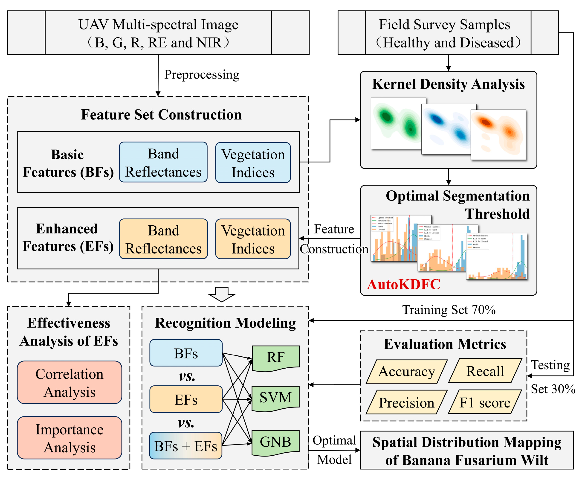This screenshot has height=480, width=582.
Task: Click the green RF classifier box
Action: point(275,357)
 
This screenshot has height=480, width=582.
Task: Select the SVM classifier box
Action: point(275,398)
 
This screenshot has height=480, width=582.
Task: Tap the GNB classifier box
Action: point(275,442)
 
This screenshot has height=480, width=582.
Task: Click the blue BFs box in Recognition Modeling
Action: point(186,353)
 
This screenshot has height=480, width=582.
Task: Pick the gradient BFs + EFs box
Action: point(186,446)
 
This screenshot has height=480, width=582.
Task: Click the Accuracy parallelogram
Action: point(406,371)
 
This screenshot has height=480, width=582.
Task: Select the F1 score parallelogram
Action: point(485,402)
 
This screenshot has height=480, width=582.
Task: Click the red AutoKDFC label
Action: point(403,284)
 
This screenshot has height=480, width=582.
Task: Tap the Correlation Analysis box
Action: point(69,382)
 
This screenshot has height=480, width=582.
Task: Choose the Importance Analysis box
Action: point(69,438)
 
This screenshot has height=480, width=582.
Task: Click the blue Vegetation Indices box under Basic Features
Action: point(253,163)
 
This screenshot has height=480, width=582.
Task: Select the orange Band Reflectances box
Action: point(163,239)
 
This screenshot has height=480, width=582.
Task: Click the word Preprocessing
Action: point(202,75)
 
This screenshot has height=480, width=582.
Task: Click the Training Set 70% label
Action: point(449,310)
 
